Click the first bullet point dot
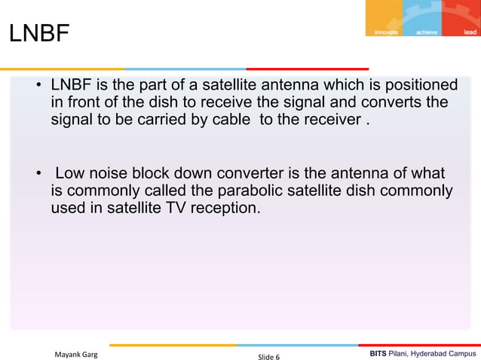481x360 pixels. pyautogui.click(x=37, y=85)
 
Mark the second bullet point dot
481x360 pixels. pyautogui.click(x=37, y=174)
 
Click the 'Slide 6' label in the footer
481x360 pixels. pyautogui.click(x=268, y=355)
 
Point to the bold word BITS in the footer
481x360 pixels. pyautogui.click(x=380, y=353)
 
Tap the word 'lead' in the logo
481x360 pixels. pyautogui.click(x=470, y=32)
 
